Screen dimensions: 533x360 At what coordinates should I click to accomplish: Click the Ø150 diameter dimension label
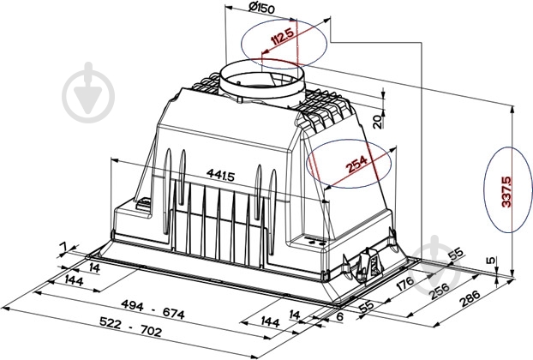click(261, 8)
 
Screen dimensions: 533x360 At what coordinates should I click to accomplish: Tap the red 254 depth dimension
click(356, 164)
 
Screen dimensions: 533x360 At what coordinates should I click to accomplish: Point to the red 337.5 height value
click(506, 191)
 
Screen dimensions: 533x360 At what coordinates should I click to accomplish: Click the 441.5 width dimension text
click(220, 175)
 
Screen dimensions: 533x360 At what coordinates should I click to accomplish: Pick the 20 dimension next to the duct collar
click(377, 122)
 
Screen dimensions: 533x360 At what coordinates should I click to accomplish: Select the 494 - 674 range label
click(153, 309)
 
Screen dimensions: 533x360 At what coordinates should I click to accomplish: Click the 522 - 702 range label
click(130, 326)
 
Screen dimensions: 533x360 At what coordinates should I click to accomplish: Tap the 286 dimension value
click(470, 298)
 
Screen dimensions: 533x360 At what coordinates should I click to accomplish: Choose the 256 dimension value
click(440, 291)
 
